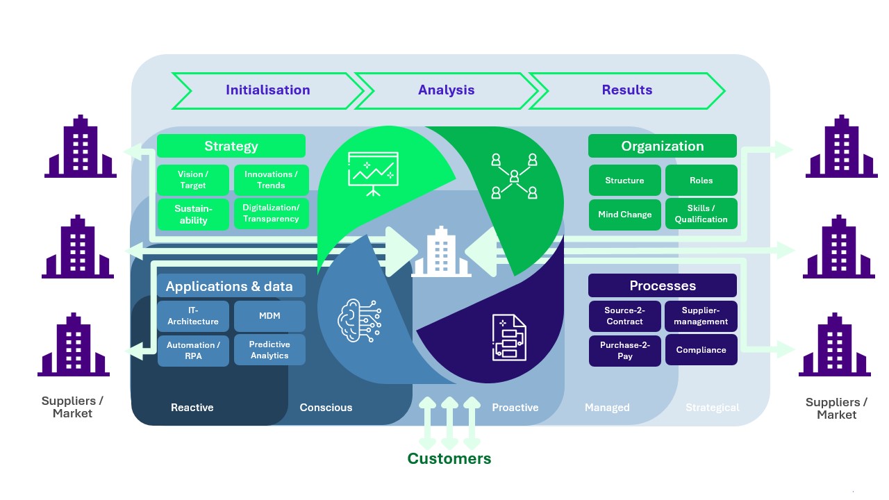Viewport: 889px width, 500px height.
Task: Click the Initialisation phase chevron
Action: pyautogui.click(x=267, y=90)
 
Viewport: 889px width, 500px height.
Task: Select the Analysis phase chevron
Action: pyautogui.click(x=446, y=90)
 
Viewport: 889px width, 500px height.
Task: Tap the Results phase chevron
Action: pyautogui.click(x=627, y=90)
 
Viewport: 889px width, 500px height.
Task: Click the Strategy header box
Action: pyautogui.click(x=231, y=146)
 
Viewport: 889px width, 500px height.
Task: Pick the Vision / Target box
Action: pyautogui.click(x=193, y=180)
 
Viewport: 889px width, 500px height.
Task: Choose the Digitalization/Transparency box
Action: pyautogui.click(x=271, y=213)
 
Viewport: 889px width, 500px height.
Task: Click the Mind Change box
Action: pyautogui.click(x=624, y=215)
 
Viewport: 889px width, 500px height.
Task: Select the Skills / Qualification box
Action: pyautogui.click(x=701, y=214)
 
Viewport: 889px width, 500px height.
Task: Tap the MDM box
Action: pyautogui.click(x=269, y=316)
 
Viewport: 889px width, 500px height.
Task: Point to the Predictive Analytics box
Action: pyautogui.click(x=269, y=350)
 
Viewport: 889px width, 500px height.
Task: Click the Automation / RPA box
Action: pyautogui.click(x=193, y=351)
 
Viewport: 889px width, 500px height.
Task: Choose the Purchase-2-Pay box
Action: pyautogui.click(x=624, y=351)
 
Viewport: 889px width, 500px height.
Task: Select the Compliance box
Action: pyautogui.click(x=701, y=350)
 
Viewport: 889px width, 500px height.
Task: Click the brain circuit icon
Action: pyautogui.click(x=360, y=321)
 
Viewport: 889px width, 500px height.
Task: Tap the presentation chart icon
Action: pyautogui.click(x=373, y=174)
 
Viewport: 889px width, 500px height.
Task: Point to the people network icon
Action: pyautogui.click(x=515, y=176)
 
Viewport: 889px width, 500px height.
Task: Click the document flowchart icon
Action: pyautogui.click(x=510, y=337)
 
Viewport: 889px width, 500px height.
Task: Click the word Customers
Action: pyautogui.click(x=449, y=459)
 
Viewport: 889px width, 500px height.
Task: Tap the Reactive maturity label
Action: pyautogui.click(x=192, y=408)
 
